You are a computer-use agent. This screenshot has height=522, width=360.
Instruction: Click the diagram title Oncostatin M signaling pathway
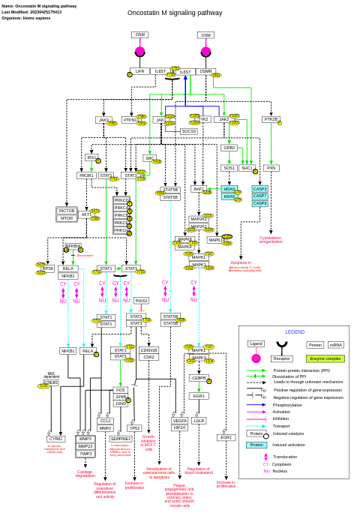pos(175,13)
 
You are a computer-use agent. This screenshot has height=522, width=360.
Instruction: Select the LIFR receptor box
pos(139,71)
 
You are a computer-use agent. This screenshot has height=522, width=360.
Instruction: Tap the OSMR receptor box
pos(205,71)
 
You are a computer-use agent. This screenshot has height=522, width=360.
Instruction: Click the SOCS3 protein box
pos(188,131)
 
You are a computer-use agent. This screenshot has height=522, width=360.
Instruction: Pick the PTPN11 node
pos(130,120)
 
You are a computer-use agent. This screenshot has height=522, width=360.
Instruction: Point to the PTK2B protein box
pos(270,119)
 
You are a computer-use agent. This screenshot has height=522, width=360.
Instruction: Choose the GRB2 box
pos(229,148)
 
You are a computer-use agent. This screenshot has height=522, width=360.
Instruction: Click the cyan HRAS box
pos(229,189)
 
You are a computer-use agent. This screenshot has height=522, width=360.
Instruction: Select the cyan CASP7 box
pos(259,196)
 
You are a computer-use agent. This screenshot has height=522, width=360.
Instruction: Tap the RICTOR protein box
pos(67,211)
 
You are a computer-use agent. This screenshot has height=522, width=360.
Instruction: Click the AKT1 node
pos(86,214)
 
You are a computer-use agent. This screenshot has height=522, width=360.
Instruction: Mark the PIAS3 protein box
pos(141,300)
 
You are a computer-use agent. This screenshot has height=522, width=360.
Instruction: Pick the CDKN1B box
pos(148,349)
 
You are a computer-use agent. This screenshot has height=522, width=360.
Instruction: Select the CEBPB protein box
pos(199,378)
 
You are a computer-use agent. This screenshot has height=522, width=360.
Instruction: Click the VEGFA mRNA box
pos(180,421)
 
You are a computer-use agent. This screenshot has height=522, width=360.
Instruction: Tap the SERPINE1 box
pos(120,439)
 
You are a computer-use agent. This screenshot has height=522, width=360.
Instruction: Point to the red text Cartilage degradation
pos(85,473)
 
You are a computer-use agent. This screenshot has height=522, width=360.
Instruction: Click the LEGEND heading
pos(295,331)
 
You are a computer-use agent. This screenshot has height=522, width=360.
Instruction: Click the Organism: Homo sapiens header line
pos(26,17)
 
